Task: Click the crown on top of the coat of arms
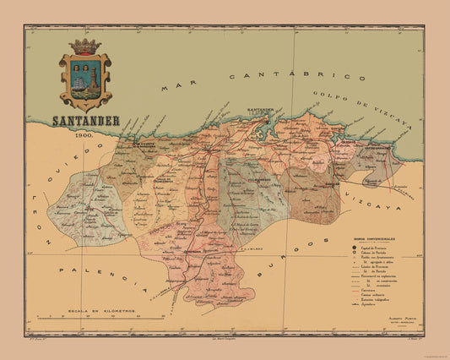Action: [x=84, y=46]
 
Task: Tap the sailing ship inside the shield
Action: [x=79, y=83]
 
